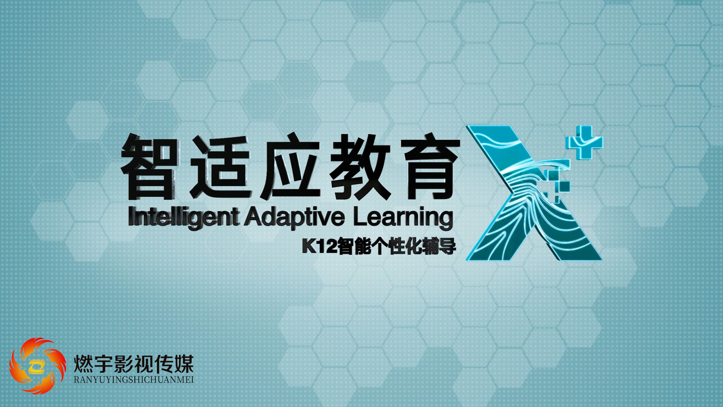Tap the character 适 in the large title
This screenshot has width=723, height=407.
pos(220,167)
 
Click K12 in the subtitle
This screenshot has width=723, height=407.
pos(319,246)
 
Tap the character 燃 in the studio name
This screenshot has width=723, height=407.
pos(83,364)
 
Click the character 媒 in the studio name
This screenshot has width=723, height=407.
pos(184,364)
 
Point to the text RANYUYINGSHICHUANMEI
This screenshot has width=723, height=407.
pos(134,380)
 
